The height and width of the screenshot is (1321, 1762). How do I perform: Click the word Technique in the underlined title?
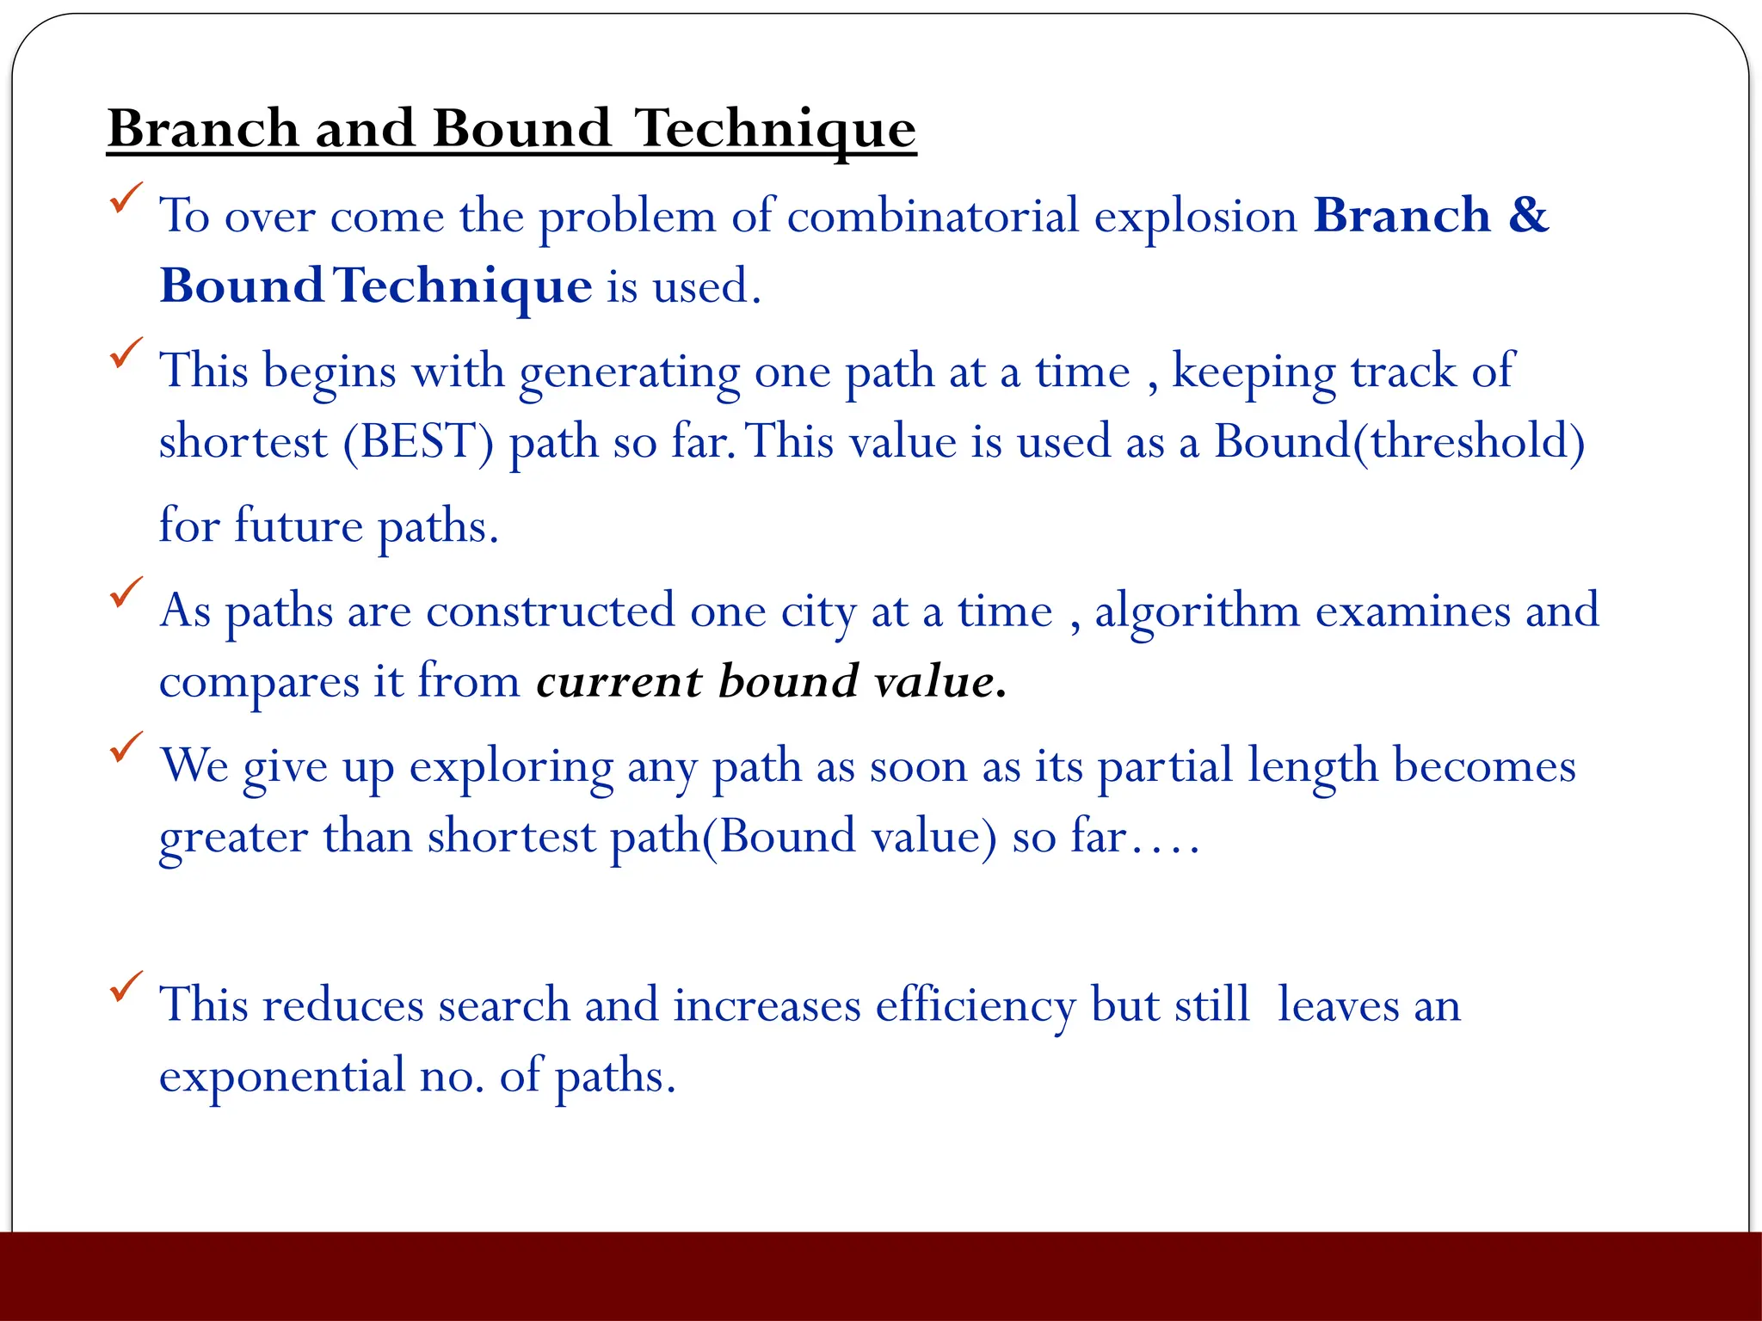pos(774,129)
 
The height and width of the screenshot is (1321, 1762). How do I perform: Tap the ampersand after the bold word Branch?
pos(1528,215)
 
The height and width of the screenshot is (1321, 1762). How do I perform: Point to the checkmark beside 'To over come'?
pos(126,199)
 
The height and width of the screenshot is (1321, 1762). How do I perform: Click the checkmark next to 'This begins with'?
pos(126,353)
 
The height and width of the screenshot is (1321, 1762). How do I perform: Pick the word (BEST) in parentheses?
pos(419,442)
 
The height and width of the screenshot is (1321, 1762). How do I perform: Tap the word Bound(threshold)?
pos(1399,442)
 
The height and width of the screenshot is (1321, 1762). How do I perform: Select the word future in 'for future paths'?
pos(298,525)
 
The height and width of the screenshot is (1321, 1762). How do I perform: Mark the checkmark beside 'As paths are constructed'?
pos(126,593)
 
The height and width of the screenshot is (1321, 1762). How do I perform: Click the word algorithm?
pos(1197,612)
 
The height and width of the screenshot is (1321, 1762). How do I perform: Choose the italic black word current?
pos(619,681)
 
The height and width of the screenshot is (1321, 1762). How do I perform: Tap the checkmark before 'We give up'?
pos(126,747)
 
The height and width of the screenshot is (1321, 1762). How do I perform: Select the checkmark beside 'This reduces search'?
pos(126,986)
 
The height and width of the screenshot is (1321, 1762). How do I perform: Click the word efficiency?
pos(976,1006)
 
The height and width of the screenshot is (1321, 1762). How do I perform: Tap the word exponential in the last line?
pos(282,1077)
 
